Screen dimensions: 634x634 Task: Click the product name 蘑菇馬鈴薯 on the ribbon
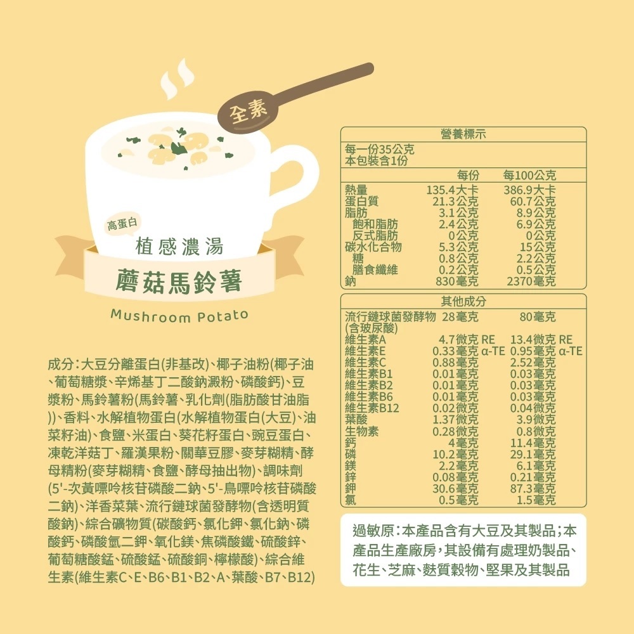179,281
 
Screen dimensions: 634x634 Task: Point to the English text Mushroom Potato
179,316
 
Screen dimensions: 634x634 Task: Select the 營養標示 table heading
463,134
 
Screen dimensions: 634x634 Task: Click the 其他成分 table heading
463,301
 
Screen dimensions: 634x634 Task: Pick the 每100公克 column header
529,176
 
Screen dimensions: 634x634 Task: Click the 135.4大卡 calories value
452,190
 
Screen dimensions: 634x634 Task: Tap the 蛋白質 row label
361,201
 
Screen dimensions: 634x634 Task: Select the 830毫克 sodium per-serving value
457,281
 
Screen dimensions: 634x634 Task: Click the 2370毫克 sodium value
531,281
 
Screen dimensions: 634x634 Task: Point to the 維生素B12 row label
372,408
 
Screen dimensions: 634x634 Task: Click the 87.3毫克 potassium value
533,488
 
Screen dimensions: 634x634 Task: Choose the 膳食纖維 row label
375,269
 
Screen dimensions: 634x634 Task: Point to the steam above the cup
178,79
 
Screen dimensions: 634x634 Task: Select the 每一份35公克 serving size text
379,149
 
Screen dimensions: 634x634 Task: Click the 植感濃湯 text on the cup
179,247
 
